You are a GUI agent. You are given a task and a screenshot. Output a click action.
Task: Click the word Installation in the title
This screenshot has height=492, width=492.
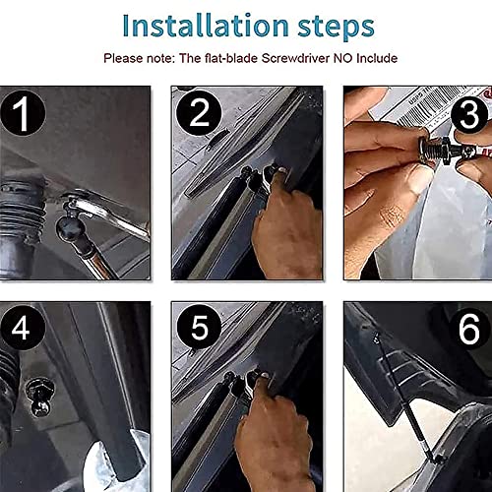click(206, 26)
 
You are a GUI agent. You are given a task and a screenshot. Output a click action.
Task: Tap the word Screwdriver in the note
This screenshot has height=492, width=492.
click(295, 58)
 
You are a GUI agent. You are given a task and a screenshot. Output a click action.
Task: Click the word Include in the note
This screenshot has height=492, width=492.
click(377, 58)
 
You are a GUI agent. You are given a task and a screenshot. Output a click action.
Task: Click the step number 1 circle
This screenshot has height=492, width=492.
click(23, 113)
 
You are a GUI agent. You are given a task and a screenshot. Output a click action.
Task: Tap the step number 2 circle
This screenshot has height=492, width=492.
click(199, 113)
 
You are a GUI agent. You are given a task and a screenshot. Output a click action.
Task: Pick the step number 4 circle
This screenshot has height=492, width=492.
click(22, 328)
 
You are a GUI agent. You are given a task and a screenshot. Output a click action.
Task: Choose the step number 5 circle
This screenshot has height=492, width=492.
click(199, 327)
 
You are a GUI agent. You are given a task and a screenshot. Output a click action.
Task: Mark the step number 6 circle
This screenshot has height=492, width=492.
click(469, 330)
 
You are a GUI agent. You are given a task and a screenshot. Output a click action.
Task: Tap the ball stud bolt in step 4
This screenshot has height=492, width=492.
click(39, 398)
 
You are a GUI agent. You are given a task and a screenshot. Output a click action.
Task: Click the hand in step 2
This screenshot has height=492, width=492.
click(284, 226)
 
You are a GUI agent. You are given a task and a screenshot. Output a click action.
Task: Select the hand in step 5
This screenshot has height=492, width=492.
click(273, 433)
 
